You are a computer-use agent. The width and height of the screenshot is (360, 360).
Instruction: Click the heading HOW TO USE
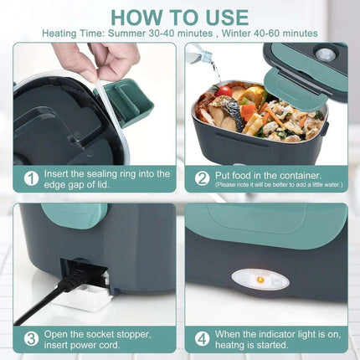179,17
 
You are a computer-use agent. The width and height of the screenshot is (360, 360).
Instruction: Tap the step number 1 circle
30,178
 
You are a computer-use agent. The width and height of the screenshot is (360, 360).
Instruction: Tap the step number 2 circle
202,178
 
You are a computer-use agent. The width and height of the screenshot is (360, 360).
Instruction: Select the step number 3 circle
30,339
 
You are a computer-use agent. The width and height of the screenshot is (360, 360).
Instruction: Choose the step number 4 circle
202,339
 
